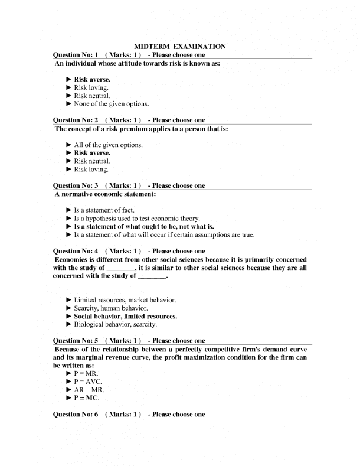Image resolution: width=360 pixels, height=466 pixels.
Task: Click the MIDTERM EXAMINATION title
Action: click(181, 45)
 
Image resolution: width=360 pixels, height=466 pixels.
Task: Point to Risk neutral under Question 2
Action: click(91, 161)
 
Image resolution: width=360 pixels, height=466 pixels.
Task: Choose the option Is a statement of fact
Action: click(104, 210)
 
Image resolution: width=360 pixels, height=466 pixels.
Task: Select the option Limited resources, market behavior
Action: click(124, 300)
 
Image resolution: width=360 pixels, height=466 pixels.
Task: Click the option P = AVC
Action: click(88, 382)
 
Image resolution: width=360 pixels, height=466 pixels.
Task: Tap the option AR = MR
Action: click(89, 390)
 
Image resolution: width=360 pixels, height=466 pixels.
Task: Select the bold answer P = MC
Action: click(86, 398)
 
